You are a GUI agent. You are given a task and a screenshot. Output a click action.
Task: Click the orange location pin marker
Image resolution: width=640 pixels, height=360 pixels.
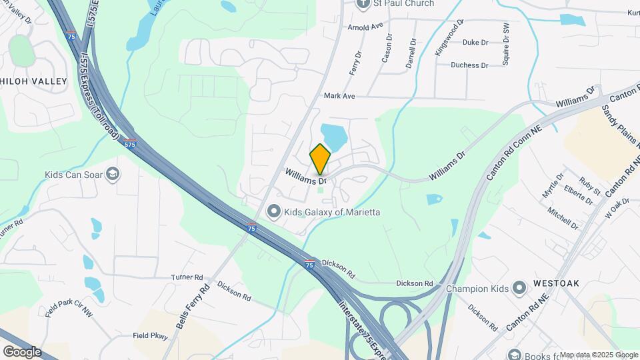320,158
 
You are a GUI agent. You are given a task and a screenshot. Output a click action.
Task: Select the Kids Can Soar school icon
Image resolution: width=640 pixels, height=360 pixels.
113,175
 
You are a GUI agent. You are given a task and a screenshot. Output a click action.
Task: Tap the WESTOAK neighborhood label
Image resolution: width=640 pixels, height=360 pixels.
557,283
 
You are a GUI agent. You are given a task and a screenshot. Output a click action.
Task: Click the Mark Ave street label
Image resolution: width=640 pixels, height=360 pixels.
339,96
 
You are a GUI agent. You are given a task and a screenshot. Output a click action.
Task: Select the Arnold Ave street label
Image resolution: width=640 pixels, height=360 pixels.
366,27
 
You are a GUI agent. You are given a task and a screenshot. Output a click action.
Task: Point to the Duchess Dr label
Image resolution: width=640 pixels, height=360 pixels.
469,65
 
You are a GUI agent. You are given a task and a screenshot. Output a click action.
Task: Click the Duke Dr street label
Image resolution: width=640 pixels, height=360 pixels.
475,43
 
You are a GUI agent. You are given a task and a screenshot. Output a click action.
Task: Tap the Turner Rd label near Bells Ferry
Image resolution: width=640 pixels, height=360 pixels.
187,277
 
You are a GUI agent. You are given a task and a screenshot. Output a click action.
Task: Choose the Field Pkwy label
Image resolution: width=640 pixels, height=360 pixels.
149,336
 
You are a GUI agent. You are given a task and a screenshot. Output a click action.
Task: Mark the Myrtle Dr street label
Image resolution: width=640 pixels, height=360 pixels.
553,185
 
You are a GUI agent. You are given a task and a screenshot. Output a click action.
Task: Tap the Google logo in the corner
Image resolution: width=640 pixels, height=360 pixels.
22,352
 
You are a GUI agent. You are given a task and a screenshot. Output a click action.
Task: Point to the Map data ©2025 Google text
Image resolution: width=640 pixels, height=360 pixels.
598,355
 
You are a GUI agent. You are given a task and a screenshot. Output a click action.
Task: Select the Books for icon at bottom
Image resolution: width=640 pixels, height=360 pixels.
513,355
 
